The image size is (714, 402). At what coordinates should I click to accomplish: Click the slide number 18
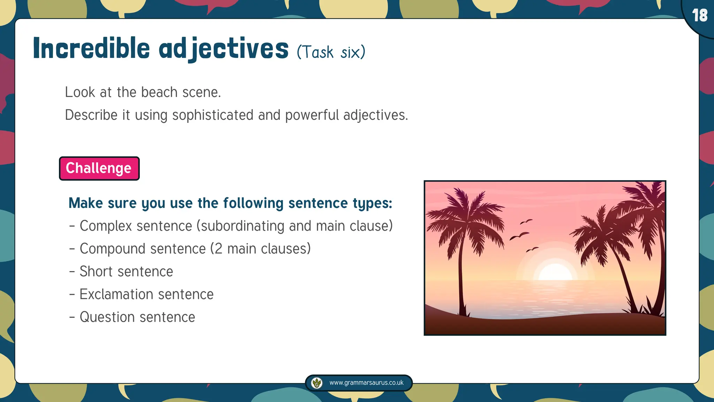700,15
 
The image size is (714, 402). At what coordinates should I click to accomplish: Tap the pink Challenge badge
99,168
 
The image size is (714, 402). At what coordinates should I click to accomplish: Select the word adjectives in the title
223,49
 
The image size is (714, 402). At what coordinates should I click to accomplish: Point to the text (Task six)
331,52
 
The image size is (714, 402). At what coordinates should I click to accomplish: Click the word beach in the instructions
159,92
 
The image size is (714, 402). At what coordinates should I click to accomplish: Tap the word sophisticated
213,115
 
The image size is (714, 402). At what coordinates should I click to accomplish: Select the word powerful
312,115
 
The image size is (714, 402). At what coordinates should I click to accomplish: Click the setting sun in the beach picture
555,273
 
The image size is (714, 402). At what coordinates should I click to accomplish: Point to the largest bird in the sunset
519,236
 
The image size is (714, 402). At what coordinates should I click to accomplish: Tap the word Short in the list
96,271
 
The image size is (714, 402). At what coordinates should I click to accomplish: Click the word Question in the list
107,317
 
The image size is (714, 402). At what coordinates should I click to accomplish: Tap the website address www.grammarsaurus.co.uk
366,382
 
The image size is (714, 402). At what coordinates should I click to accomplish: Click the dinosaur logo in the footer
317,383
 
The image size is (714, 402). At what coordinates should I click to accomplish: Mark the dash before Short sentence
72,271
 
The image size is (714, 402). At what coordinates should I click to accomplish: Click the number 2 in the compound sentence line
218,249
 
